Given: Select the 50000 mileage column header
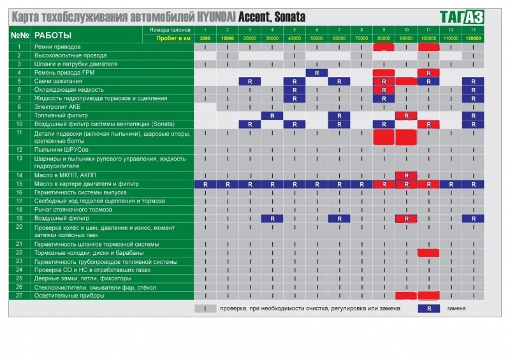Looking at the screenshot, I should point(317,39).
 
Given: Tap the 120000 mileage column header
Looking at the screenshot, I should point(473,39).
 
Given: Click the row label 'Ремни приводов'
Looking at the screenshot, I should point(57,47).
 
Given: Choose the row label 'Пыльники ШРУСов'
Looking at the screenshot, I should point(62,150).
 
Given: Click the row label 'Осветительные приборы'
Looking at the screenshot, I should point(69,296).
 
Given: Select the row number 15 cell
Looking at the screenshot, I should point(20,184).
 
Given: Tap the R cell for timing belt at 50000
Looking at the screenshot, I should point(317,73).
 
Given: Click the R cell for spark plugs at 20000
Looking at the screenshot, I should point(250,82).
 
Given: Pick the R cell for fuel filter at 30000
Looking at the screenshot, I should point(272,115).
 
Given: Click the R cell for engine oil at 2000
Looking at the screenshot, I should point(205,184).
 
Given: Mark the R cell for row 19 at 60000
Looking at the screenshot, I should point(339,219).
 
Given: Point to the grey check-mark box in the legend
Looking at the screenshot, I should point(205,308).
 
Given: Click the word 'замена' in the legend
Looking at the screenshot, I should point(456,308).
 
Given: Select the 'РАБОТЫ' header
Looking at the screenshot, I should point(53,35).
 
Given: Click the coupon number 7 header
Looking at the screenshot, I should point(339,30).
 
